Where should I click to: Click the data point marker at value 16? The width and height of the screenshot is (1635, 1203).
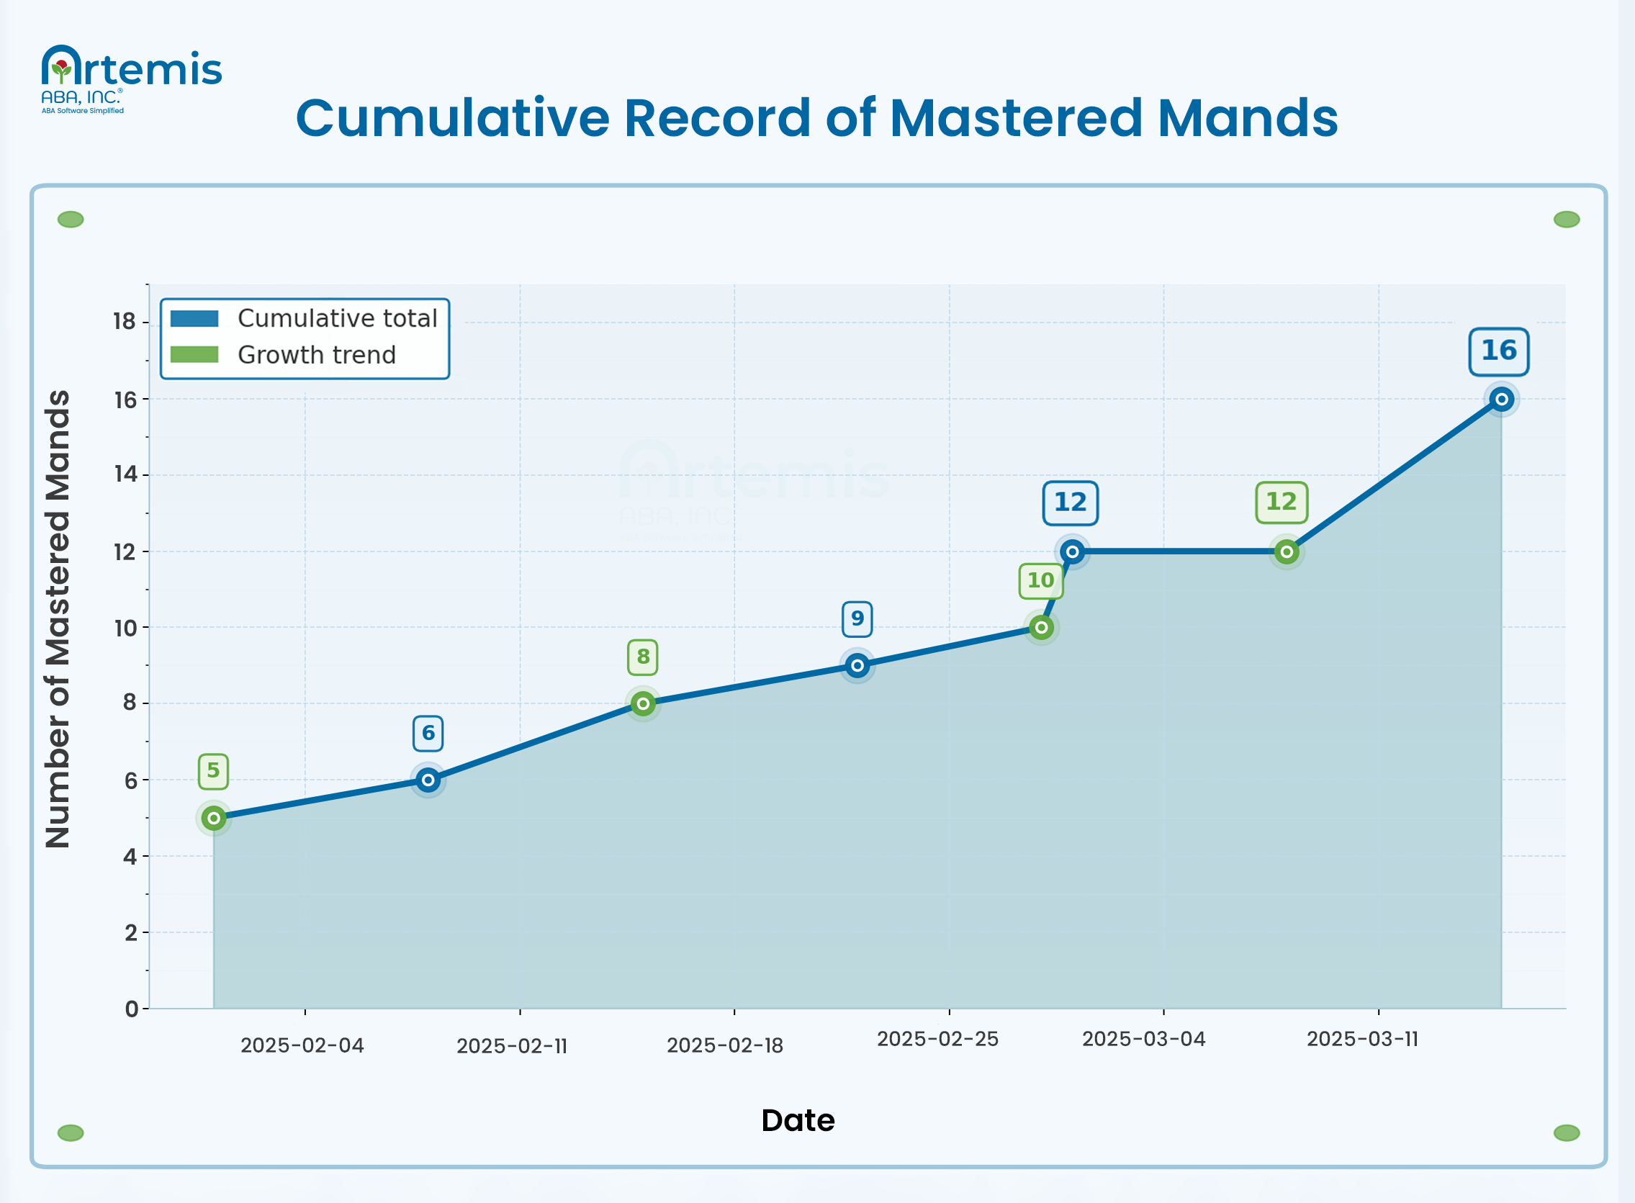[x=1501, y=399]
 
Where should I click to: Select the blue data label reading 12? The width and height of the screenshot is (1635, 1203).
[x=1070, y=503]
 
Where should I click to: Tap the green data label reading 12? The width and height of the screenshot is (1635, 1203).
[x=1281, y=503]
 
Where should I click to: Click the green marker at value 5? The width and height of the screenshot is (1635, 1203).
[x=213, y=818]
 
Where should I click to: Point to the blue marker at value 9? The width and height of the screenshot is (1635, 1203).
[x=857, y=665]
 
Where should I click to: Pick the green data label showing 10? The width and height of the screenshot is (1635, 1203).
[x=1040, y=581]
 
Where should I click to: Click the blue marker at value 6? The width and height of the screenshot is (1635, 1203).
[x=428, y=780]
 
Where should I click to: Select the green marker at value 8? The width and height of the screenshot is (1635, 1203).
[x=642, y=703]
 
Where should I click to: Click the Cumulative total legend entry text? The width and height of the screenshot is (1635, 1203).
[x=337, y=319]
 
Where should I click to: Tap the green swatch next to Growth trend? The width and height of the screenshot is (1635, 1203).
[x=194, y=355]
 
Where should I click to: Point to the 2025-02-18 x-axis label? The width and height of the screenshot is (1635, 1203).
[x=725, y=1046]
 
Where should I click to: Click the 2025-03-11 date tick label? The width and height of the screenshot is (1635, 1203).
[x=1362, y=1039]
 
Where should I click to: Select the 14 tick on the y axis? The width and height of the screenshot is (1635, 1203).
[x=125, y=474]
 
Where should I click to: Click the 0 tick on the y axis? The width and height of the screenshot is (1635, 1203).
[x=131, y=1009]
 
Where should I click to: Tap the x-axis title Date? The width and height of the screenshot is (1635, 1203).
[x=798, y=1120]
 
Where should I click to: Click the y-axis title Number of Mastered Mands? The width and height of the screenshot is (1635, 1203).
[x=58, y=619]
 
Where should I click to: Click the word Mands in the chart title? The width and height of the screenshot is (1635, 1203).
[x=1248, y=118]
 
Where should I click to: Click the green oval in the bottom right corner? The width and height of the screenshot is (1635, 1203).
[x=1566, y=1132]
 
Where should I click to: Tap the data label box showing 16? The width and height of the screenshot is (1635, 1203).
[x=1498, y=352]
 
